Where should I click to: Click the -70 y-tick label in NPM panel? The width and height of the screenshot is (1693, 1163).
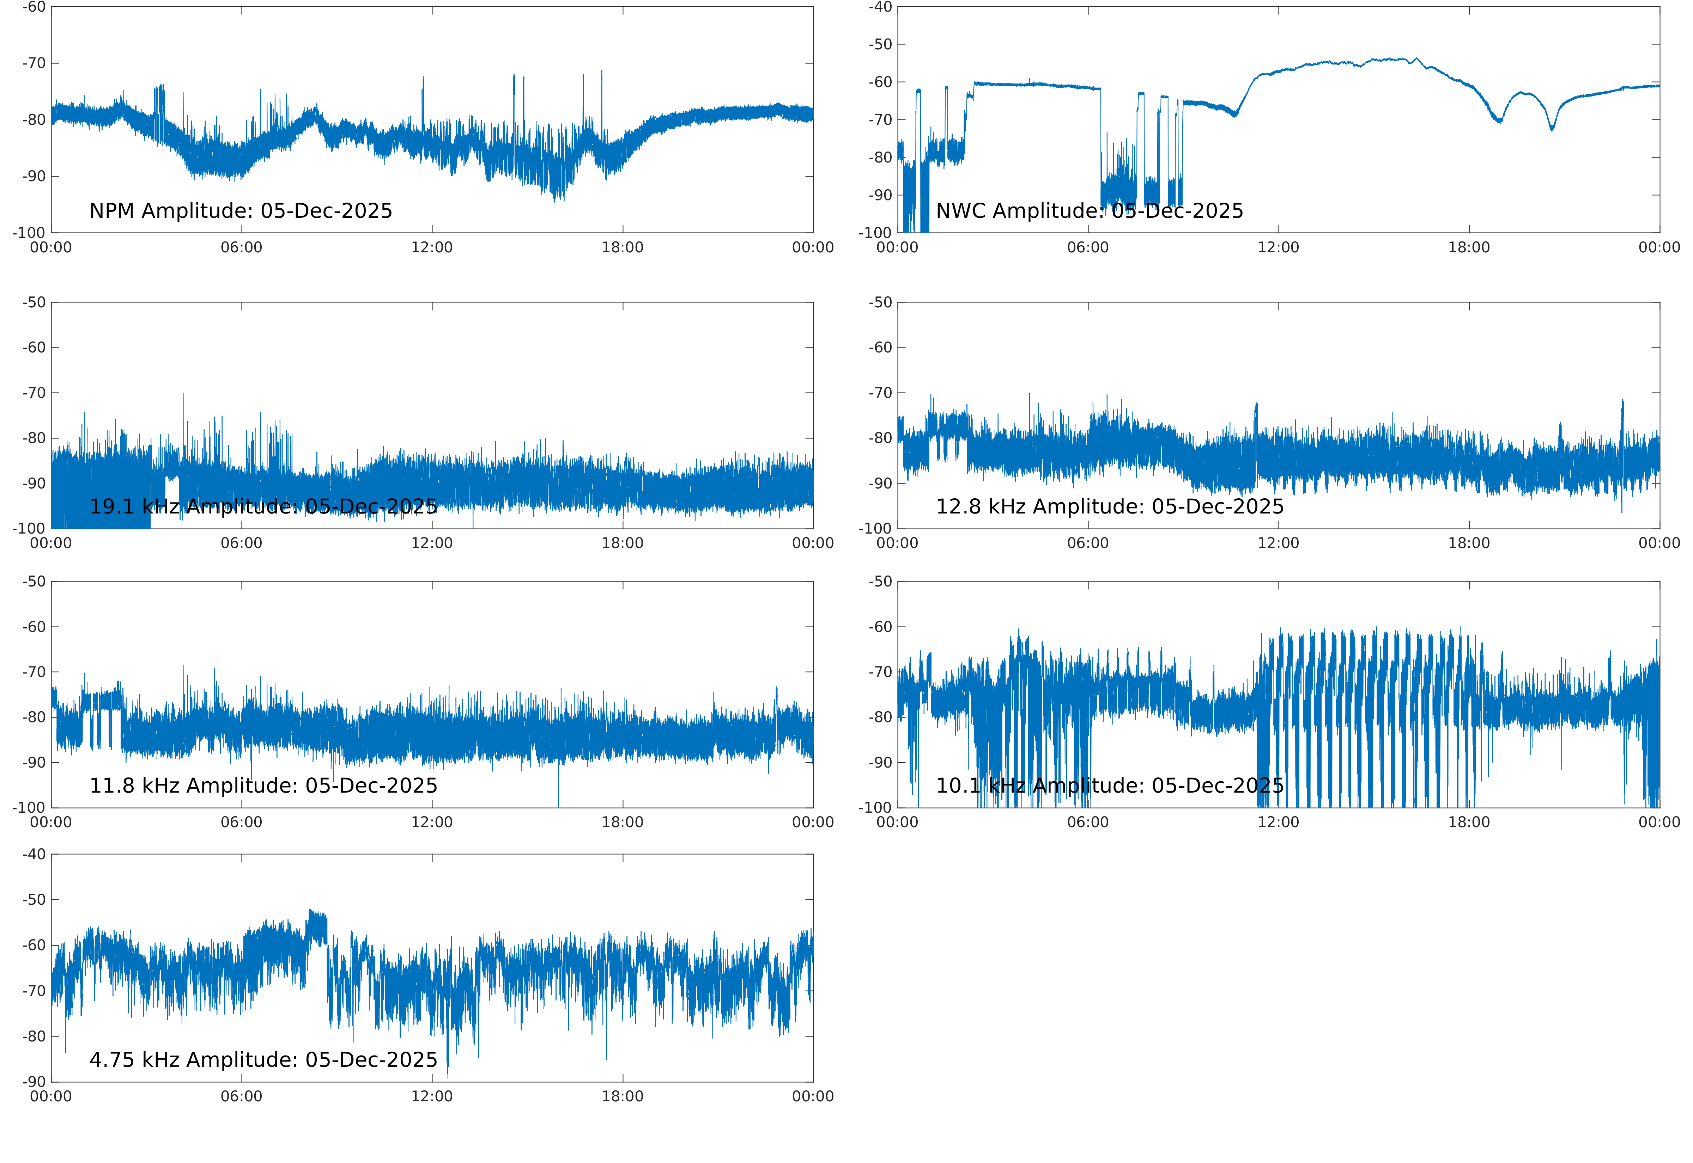pyautogui.click(x=34, y=63)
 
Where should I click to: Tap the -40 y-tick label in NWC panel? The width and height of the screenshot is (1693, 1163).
pyautogui.click(x=880, y=7)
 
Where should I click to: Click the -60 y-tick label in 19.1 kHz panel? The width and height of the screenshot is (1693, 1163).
pyautogui.click(x=34, y=347)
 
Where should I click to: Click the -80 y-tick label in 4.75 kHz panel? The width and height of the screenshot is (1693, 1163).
pyautogui.click(x=34, y=1036)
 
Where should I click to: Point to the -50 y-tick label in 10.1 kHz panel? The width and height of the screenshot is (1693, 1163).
pyautogui.click(x=880, y=581)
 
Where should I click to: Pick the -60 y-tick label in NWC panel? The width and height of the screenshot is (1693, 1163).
pyautogui.click(x=880, y=82)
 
